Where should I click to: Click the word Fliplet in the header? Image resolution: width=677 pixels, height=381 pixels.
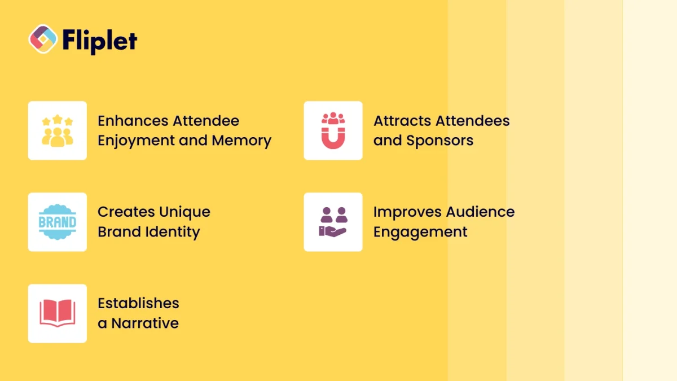tap(99, 40)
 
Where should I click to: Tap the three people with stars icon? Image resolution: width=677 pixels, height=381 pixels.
tap(58, 130)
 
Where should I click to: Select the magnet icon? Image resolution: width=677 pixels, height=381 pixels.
tap(333, 130)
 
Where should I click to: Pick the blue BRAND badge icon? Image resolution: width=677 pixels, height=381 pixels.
tap(58, 222)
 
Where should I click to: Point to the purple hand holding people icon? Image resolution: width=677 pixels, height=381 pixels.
tap(333, 222)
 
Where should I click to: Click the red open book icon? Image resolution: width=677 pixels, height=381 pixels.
tap(58, 313)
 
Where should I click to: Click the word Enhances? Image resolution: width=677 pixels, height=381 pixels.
tap(133, 121)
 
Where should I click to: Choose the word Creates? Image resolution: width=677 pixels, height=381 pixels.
tap(126, 212)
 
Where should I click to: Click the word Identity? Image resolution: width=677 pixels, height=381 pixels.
tap(174, 232)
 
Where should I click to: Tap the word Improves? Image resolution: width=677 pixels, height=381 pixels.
tap(407, 212)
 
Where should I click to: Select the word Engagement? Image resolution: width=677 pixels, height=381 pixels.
tap(420, 233)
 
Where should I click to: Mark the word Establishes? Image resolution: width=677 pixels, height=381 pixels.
tap(138, 303)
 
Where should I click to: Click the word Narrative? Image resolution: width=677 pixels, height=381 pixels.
tap(145, 323)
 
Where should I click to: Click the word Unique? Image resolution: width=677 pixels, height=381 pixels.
tap(184, 212)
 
